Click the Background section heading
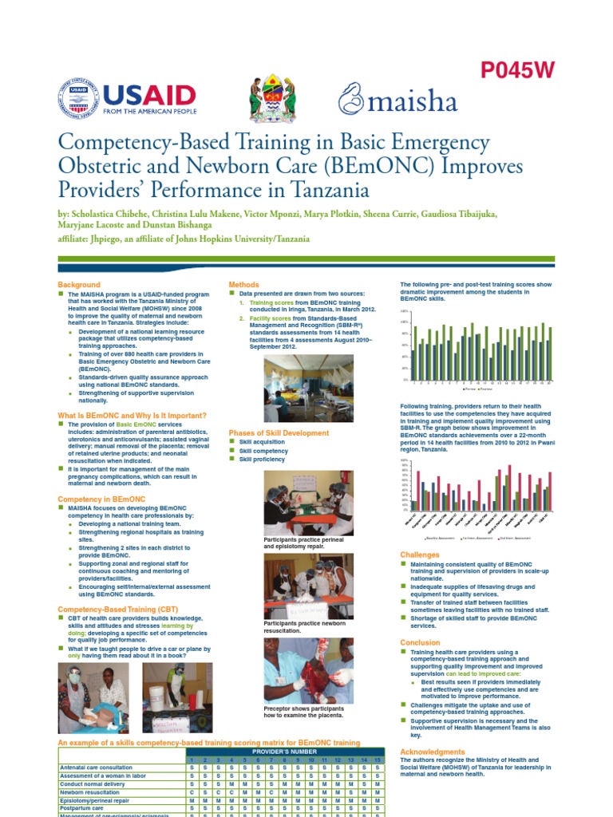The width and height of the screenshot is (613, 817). pyautogui.click(x=79, y=285)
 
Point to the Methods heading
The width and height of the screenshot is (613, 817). pyautogui.click(x=243, y=285)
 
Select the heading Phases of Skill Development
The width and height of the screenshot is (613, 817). pyautogui.click(x=279, y=433)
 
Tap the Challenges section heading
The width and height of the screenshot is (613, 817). pyautogui.click(x=419, y=555)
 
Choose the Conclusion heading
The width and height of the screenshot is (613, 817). pyautogui.click(x=419, y=642)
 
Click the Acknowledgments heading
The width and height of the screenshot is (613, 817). pyautogui.click(x=432, y=752)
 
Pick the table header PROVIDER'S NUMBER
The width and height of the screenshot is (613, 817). pyautogui.click(x=285, y=752)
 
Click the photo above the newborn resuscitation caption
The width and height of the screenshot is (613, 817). pyautogui.click(x=308, y=586)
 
